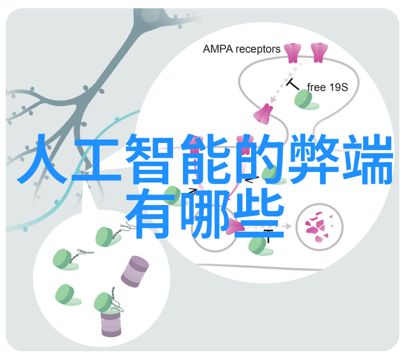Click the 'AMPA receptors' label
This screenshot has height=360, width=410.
(241, 49)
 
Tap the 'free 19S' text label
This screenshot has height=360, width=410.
(327, 87)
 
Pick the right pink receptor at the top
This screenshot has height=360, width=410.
(319, 53)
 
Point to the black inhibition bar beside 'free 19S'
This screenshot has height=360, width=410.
(293, 84)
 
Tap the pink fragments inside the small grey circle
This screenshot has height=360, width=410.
(319, 227)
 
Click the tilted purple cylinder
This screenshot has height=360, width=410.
(135, 272)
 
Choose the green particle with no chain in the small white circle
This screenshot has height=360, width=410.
(67, 295)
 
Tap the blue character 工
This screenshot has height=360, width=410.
(96, 160)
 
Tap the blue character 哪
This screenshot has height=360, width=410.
(205, 213)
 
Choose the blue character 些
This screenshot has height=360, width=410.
(259, 213)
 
